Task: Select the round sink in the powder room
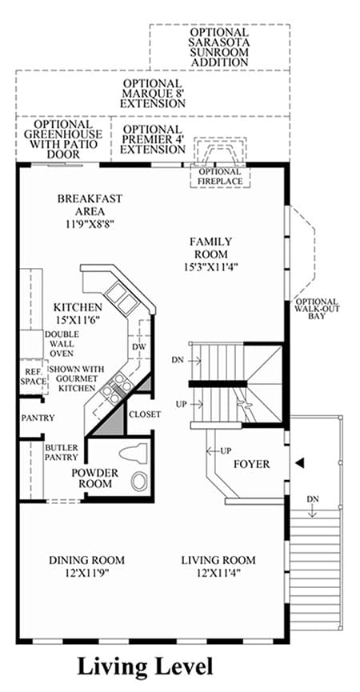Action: [141, 480]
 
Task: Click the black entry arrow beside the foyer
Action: [299, 462]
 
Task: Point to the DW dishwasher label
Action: [139, 347]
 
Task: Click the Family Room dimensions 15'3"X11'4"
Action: [211, 266]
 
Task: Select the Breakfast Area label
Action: [90, 205]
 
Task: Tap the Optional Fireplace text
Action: [220, 176]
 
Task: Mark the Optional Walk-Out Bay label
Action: [318, 309]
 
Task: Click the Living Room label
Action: [218, 560]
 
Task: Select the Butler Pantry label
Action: [62, 452]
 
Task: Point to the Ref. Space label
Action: [33, 377]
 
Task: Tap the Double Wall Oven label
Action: [58, 344]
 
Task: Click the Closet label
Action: [145, 414]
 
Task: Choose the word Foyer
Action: [251, 464]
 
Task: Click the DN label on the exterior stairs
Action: [314, 498]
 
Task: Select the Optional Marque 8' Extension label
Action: [153, 94]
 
